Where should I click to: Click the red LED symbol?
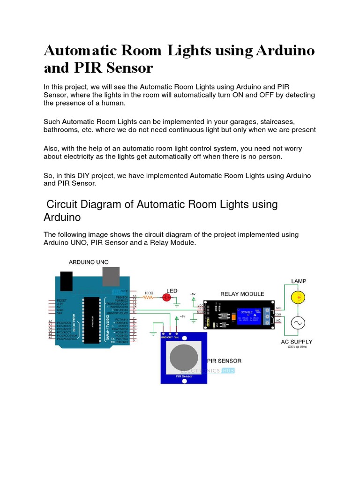165,297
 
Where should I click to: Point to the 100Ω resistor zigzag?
149,297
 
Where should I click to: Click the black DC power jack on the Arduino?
66,280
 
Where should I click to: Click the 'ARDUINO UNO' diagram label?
89,262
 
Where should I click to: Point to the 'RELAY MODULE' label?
242,294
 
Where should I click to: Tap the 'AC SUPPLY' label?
297,342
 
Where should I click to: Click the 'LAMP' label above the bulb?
299,281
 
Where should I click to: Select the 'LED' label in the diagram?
172,291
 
